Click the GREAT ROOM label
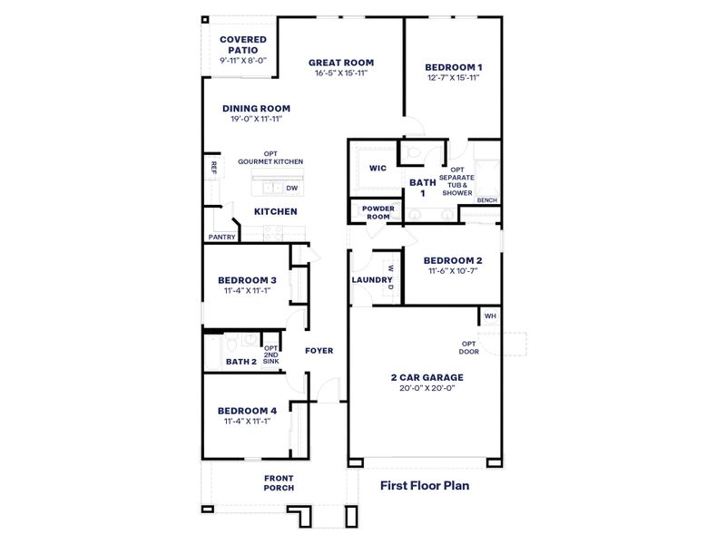(x=341, y=63)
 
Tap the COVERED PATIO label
(x=243, y=45)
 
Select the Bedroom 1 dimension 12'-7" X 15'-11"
(x=454, y=78)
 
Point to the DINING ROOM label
(x=256, y=109)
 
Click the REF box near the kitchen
(x=213, y=168)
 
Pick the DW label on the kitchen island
(x=291, y=188)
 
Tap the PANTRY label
(x=222, y=238)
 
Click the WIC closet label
(x=378, y=168)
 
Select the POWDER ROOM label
(x=378, y=211)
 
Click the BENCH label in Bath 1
(x=486, y=199)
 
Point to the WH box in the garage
(x=490, y=316)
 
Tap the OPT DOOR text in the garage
(x=469, y=347)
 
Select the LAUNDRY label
(x=371, y=279)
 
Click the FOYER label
(x=319, y=350)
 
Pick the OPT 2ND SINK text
(x=270, y=355)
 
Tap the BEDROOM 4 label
(x=248, y=410)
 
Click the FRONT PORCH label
(x=279, y=482)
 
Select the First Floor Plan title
(x=425, y=485)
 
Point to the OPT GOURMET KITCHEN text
(x=270, y=158)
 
